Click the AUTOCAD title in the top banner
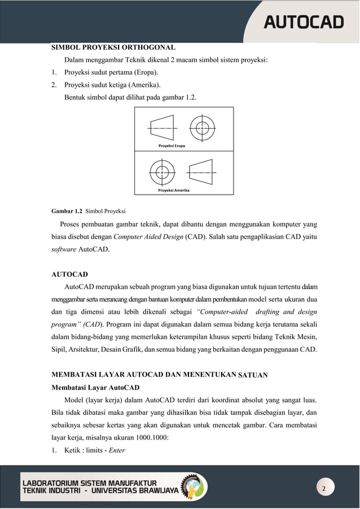tap(304, 23)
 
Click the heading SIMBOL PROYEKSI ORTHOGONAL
tap(113, 47)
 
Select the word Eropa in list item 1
tap(141, 73)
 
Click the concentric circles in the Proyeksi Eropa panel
tap(202, 128)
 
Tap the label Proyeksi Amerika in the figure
tap(173, 190)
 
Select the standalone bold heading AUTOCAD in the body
tap(69, 274)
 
